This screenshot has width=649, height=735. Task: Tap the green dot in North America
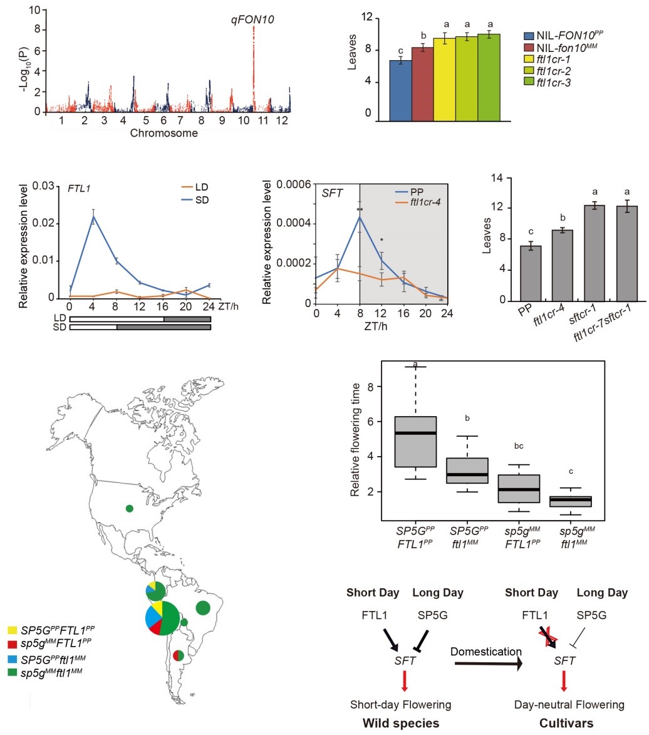click(129, 508)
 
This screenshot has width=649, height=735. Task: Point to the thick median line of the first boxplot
click(424, 433)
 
